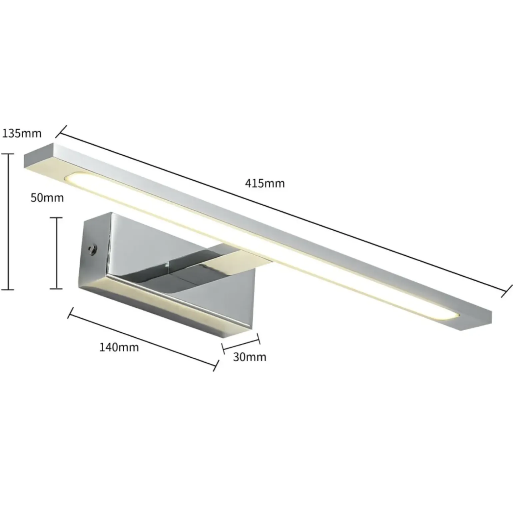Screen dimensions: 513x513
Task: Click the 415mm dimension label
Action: (265, 184)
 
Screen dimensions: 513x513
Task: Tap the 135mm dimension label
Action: (22, 134)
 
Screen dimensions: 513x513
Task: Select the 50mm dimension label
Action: (47, 198)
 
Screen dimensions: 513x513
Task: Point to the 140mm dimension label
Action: (119, 347)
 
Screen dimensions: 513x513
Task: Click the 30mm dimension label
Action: (250, 357)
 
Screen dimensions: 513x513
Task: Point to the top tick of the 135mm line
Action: (7, 154)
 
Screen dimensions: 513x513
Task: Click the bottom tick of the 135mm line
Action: (7, 289)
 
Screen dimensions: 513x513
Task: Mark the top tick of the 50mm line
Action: (56, 218)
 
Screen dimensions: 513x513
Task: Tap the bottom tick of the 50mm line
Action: (56, 288)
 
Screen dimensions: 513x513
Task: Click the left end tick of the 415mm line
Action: (61, 131)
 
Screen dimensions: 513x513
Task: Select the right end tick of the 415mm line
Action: (507, 291)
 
